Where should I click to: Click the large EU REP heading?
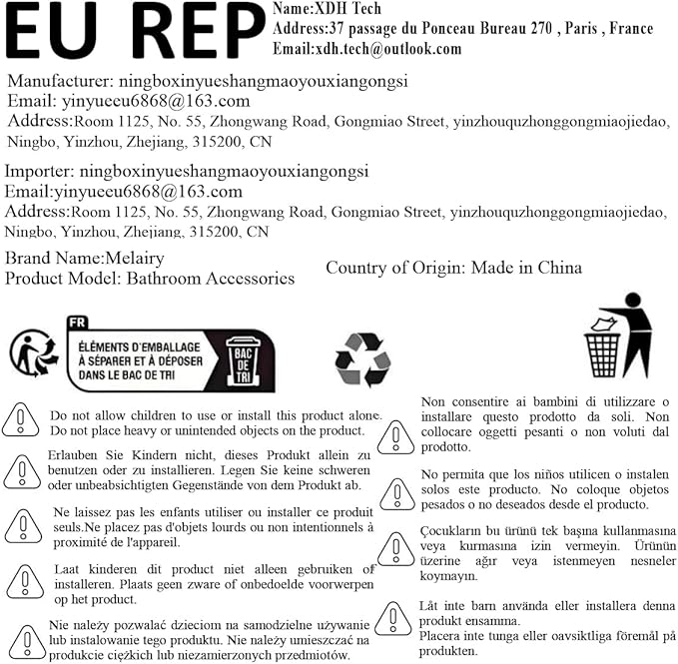(x=135, y=33)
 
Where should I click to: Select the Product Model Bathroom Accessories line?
(x=150, y=279)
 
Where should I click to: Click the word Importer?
(x=37, y=172)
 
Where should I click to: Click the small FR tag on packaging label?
(x=77, y=324)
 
